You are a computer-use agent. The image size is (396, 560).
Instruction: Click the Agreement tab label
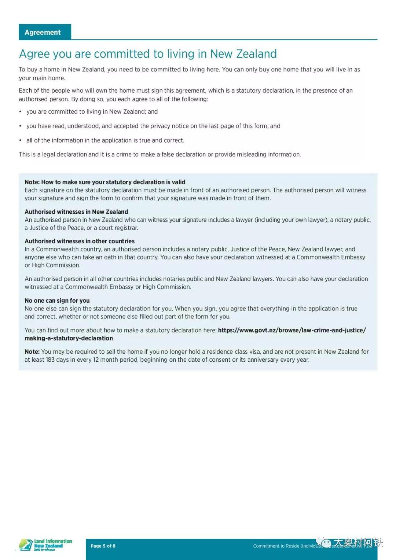(43, 32)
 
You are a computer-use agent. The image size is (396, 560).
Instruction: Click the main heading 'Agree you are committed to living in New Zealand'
(148, 54)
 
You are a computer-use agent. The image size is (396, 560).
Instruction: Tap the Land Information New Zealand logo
(45, 545)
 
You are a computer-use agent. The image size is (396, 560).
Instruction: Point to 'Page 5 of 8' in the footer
(103, 546)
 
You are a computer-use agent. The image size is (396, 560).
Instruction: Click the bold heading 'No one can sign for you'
(57, 301)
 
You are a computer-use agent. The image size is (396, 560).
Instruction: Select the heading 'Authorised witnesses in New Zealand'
(76, 212)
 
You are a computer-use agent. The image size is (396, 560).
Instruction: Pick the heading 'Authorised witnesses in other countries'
(80, 241)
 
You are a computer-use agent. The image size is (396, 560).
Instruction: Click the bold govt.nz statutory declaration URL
(291, 330)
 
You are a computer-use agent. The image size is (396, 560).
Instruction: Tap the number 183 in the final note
(50, 360)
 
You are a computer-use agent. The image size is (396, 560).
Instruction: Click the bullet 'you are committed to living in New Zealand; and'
(92, 112)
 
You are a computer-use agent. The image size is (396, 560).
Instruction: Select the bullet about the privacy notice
(153, 126)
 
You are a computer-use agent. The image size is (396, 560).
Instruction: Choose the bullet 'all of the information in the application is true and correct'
(105, 140)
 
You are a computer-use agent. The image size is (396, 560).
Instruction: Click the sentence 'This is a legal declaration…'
(160, 154)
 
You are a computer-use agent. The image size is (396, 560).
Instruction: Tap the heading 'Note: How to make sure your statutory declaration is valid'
(105, 182)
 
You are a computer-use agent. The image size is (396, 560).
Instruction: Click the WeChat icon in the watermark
(326, 543)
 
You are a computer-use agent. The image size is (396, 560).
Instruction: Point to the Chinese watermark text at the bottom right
(358, 542)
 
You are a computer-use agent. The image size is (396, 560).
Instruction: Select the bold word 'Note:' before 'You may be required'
(32, 351)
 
